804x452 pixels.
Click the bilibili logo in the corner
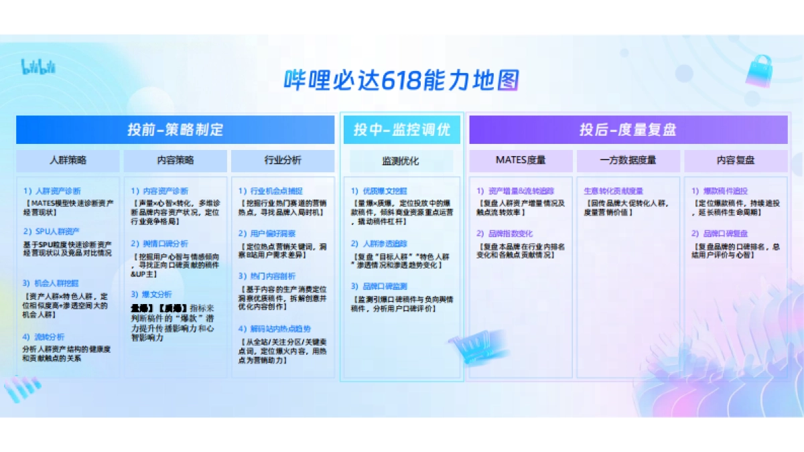point(38,66)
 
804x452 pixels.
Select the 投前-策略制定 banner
point(175,129)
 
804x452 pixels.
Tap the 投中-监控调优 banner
point(401,129)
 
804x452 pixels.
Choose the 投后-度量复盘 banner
point(628,129)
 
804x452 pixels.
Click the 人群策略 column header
point(68,160)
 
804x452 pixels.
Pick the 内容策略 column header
point(175,160)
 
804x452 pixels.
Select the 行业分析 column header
point(283,160)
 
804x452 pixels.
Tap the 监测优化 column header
point(401,161)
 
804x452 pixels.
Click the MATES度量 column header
point(521,160)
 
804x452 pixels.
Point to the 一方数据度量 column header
point(628,160)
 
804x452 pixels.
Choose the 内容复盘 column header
point(736,160)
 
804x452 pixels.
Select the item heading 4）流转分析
point(44,337)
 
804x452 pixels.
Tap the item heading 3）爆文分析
point(151,294)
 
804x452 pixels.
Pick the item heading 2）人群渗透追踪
point(379,244)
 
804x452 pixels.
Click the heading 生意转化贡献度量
point(614,191)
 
